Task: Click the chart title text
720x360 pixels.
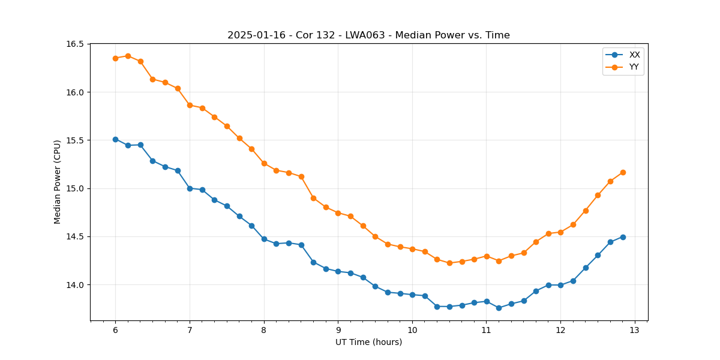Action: pos(368,35)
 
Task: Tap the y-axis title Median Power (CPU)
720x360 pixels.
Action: pos(58,182)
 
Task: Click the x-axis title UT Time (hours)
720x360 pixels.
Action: pos(368,342)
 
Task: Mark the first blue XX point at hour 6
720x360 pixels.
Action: pos(115,139)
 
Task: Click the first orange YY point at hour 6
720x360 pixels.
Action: pos(115,58)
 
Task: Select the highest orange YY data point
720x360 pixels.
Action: pos(128,56)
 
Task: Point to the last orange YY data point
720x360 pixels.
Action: pos(623,172)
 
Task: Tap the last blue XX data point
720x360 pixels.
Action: pos(623,237)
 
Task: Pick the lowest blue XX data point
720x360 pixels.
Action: pos(499,308)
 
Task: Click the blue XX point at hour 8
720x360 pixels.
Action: pos(264,239)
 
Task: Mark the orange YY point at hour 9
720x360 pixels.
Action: pos(338,213)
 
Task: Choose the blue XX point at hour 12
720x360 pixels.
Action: pos(560,285)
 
